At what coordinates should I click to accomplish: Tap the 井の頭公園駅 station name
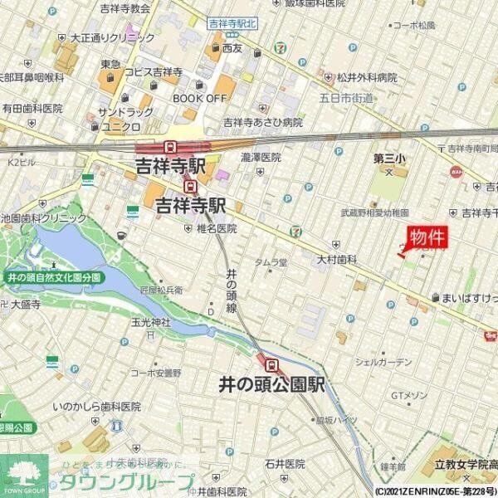(271, 385)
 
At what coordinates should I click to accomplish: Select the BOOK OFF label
(199, 97)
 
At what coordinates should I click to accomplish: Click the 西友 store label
(232, 49)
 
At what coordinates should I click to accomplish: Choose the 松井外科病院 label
(367, 78)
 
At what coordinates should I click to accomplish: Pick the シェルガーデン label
(383, 362)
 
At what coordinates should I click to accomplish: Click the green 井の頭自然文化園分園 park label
(52, 277)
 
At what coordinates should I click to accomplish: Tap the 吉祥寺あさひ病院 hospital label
(263, 122)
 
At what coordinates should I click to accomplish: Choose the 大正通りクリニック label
(106, 37)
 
